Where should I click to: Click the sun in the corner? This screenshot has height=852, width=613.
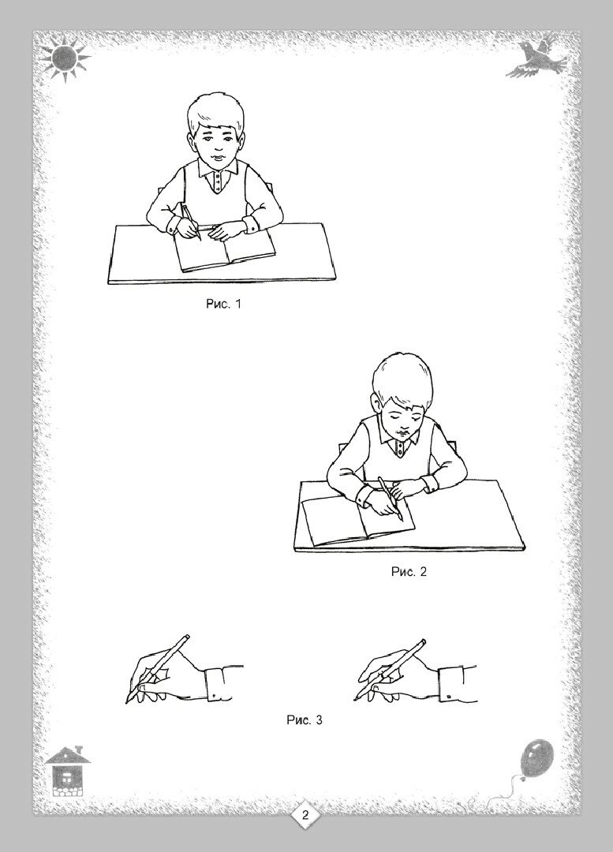pos(65,55)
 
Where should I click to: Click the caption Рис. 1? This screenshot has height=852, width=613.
pos(222,304)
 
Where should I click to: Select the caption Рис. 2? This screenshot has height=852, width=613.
pos(409,572)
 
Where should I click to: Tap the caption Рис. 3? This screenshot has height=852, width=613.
pos(305,720)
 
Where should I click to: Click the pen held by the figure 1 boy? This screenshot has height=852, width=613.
pos(191,222)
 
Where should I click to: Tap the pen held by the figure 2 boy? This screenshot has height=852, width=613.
pos(391,499)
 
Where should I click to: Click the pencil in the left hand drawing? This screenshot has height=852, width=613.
pos(158,668)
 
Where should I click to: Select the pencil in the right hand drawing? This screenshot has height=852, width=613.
pos(391,670)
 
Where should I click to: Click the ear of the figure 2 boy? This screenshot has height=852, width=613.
pos(376,404)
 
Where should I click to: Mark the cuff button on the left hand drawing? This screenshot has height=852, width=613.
pos(215,696)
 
